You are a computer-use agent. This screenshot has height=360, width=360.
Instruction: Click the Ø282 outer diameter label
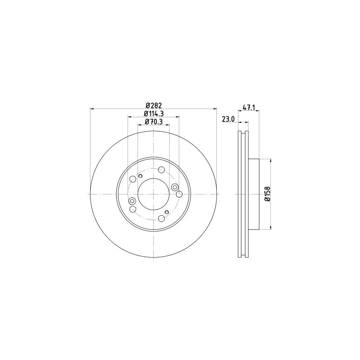coord(153,105)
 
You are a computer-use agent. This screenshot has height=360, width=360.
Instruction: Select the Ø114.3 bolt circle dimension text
coord(153,114)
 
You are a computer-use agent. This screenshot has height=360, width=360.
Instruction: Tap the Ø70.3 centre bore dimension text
coord(153,122)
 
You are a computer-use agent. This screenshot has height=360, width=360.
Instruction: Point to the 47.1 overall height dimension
coord(249,108)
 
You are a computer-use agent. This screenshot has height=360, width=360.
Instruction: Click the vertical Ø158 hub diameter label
coord(268,194)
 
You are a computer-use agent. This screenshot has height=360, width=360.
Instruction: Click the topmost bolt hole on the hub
coord(161,170)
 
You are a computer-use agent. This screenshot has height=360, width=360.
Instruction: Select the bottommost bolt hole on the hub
coord(161,218)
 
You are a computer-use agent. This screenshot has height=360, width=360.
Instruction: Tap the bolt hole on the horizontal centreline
coord(179,194)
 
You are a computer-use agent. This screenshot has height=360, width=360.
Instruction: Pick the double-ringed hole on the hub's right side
coord(174,187)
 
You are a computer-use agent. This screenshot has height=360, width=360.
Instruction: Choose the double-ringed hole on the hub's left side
coord(133,201)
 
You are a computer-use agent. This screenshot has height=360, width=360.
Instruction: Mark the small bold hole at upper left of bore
coord(140,176)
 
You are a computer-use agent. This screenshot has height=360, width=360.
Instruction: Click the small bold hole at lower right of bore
coord(167,212)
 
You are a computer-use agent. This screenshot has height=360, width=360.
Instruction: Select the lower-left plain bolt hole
coord(133,209)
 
